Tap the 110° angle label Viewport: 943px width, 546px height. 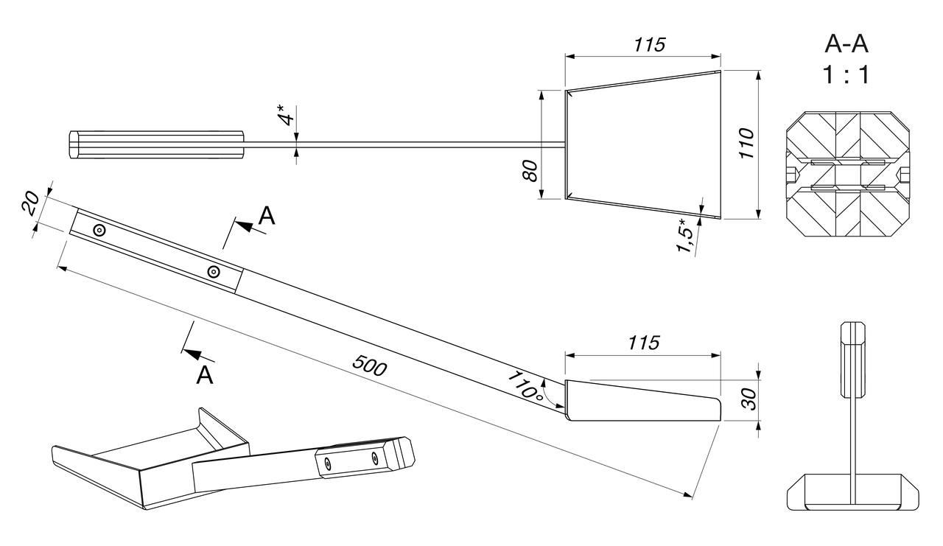coord(525,385)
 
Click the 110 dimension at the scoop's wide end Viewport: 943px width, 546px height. coord(746,144)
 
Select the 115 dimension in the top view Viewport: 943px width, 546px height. coord(649,44)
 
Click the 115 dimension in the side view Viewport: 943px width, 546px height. coord(644,343)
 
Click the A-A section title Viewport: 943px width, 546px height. coord(846,44)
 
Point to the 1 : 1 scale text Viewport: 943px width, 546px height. coord(846,74)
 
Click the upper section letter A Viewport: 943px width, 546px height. coord(267,215)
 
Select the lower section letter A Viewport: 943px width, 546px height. coord(205,375)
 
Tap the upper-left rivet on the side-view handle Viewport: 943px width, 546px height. coord(99,231)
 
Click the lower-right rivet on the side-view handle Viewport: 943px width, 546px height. coord(213,272)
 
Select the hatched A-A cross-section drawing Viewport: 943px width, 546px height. coord(847,175)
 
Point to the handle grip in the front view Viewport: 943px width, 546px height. coord(853,358)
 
